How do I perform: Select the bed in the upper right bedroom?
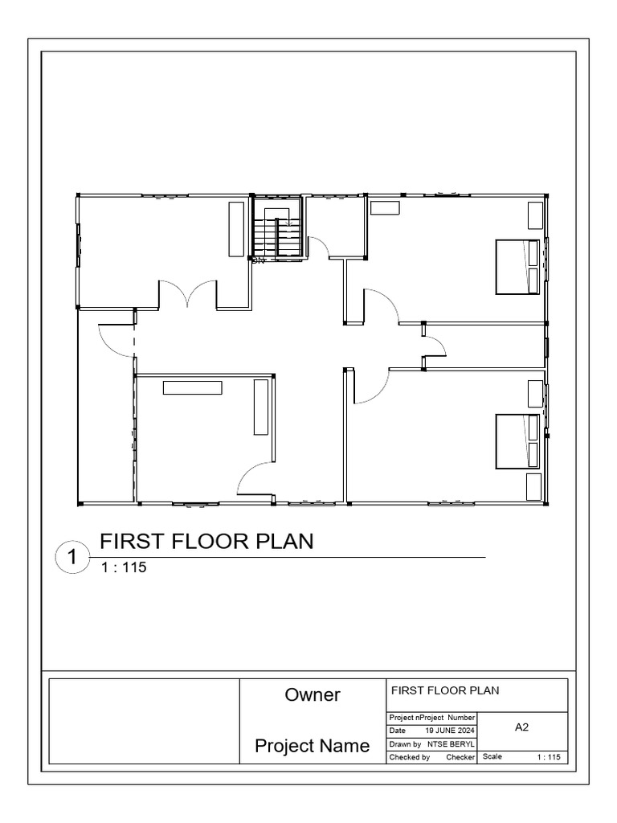tap(517, 267)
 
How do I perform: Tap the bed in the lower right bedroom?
tap(517, 441)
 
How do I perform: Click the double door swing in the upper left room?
tap(187, 294)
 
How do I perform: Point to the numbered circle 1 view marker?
tap(72, 557)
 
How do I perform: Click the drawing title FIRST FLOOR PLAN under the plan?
tap(206, 542)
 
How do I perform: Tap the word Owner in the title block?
tap(313, 695)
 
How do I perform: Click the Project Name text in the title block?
tap(313, 747)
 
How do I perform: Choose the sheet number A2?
tap(522, 727)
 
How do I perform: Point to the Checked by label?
tap(410, 757)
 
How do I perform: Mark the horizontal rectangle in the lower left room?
tap(193, 387)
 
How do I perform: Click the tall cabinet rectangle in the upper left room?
tap(236, 229)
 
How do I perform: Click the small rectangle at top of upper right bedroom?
tap(385, 207)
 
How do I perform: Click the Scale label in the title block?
tap(492, 757)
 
